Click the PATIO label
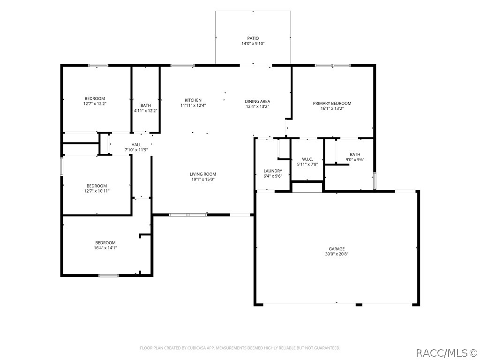253,38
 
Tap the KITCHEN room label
193,100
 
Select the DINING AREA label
257,101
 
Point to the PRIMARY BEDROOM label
332,103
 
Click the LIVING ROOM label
203,174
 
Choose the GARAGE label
337,249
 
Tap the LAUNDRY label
273,171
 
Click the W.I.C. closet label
307,159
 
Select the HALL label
136,145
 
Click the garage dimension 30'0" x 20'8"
337,254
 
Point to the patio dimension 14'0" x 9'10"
253,44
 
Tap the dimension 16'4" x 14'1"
105,248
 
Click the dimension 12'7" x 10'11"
97,191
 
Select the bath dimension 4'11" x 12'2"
146,111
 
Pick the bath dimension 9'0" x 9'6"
355,159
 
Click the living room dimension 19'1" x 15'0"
203,180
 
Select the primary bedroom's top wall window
333,65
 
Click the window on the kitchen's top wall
182,65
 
